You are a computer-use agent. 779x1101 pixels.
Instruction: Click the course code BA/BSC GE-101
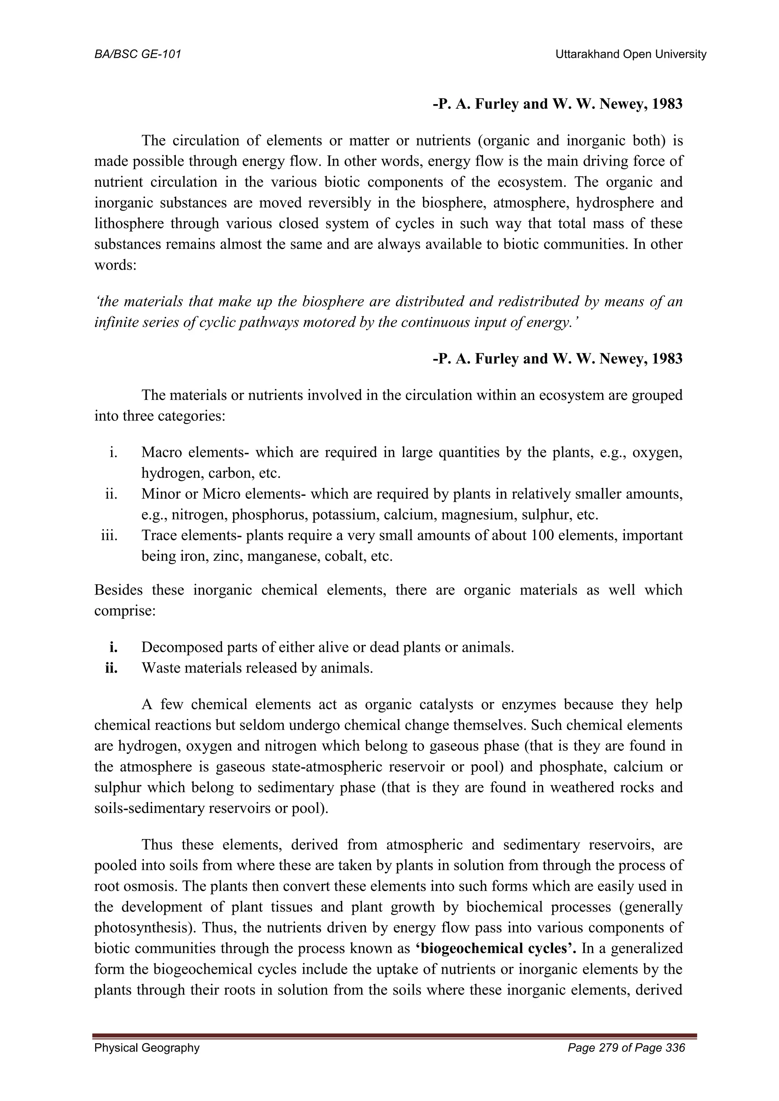pos(138,55)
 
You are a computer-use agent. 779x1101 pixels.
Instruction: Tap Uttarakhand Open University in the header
pos(631,55)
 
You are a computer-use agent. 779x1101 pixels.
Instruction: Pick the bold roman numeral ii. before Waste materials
pos(112,668)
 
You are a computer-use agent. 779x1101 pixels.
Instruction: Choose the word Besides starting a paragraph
pos(118,590)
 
